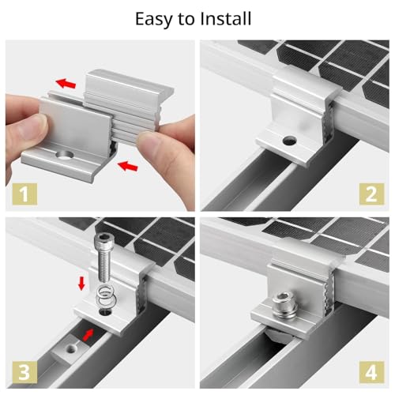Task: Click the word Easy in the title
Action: [x=155, y=17]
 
